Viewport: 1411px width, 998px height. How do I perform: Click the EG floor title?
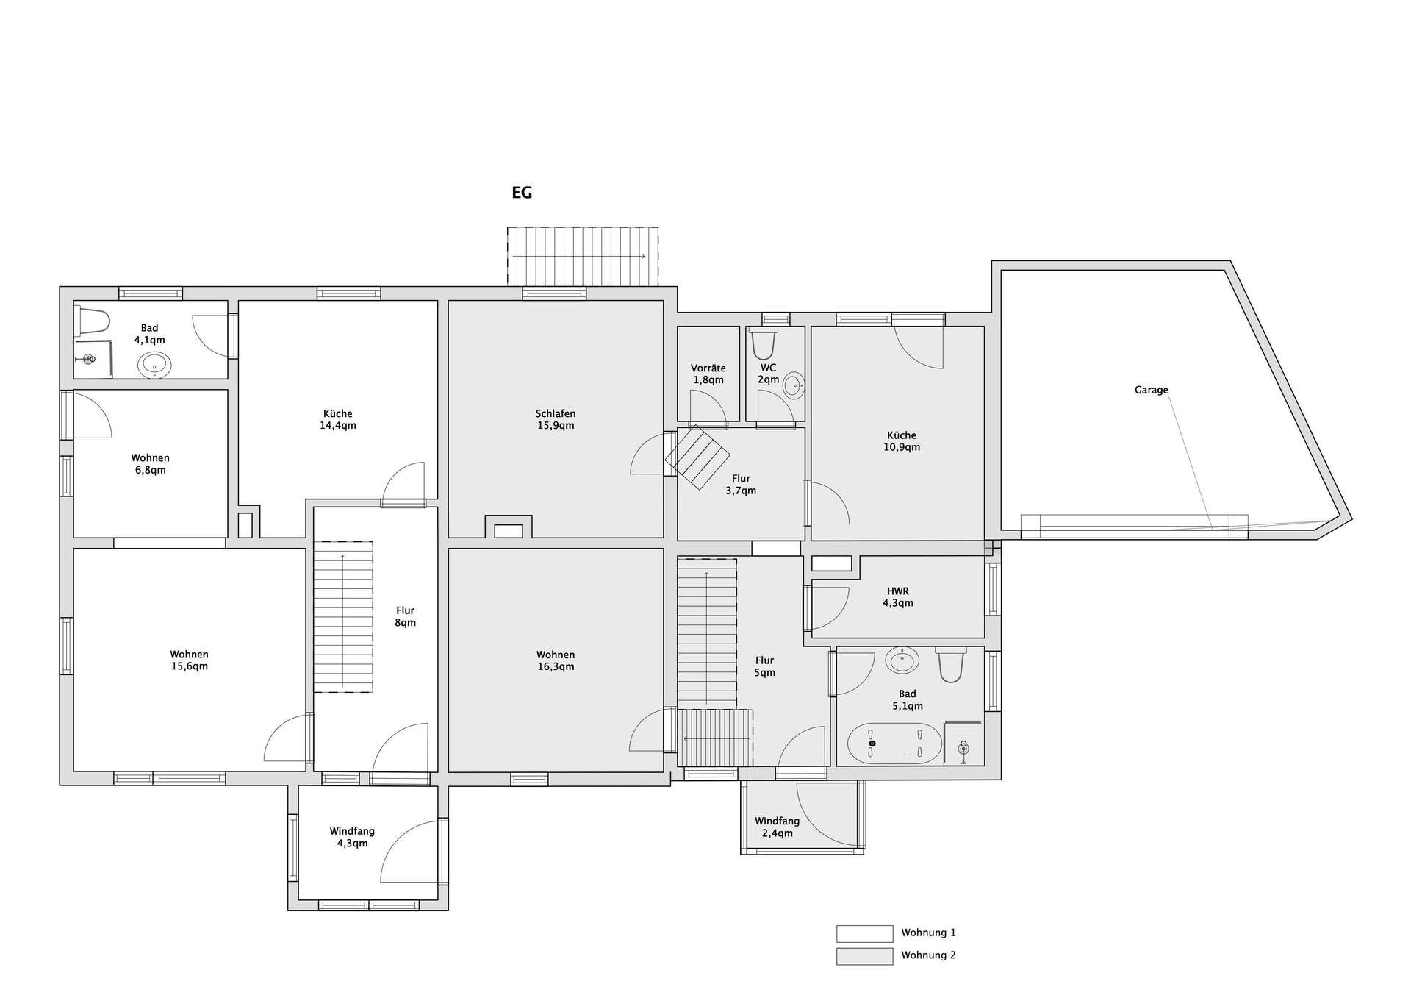(522, 193)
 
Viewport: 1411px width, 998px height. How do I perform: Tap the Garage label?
(1151, 390)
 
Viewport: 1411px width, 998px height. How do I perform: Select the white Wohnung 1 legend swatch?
(864, 933)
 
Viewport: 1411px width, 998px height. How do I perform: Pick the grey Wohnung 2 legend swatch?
(864, 956)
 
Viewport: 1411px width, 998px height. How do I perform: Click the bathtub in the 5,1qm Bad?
(894, 744)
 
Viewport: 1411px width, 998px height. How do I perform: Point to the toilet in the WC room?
(764, 343)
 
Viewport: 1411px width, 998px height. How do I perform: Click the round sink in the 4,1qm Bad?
(154, 365)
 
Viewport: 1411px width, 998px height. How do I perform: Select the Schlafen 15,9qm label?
(556, 420)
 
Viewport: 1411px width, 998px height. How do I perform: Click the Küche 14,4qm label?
(338, 419)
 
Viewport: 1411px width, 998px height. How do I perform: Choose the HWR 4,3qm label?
(898, 597)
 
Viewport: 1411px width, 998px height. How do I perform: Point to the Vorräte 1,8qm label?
(708, 374)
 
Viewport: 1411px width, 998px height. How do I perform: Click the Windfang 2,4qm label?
(777, 827)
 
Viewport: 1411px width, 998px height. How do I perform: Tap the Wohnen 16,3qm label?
(556, 660)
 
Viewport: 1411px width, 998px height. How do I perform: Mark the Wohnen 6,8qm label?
(150, 464)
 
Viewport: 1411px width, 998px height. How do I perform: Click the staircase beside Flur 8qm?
(343, 617)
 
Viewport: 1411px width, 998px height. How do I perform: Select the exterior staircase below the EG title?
(582, 256)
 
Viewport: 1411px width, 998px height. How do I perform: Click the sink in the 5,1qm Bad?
(902, 660)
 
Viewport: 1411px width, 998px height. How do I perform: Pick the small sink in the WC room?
(794, 385)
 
